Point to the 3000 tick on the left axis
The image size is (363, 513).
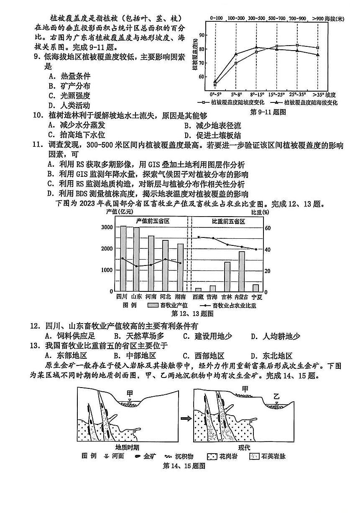coord(107,227)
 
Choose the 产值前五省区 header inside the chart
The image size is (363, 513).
coord(152,221)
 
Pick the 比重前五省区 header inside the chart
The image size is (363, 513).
coord(228,221)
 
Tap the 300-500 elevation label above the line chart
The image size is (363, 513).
coord(256,18)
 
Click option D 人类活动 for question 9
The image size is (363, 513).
coord(69,105)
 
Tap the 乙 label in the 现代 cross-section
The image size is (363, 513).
coord(276,396)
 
